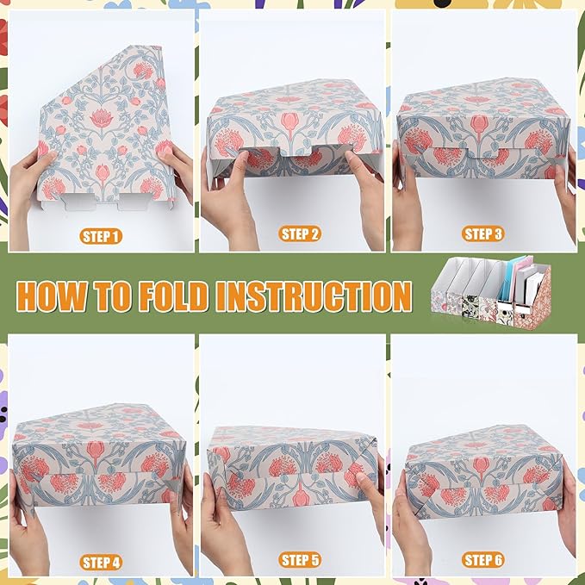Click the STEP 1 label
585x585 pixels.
click(101, 236)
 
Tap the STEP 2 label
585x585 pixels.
click(300, 233)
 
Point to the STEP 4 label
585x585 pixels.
click(101, 562)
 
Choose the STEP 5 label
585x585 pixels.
click(300, 560)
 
